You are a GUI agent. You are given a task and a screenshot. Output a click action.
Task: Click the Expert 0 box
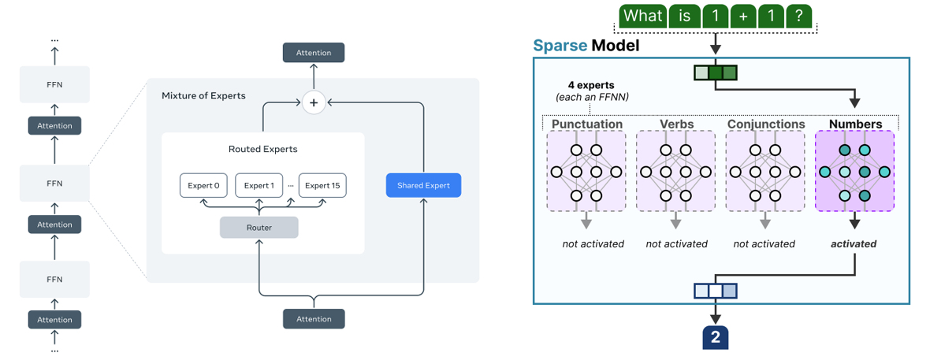click(x=203, y=185)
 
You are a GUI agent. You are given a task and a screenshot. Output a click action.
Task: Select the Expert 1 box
click(x=259, y=185)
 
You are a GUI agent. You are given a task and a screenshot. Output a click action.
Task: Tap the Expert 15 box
click(x=322, y=185)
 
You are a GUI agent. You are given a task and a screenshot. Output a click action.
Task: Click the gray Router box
click(x=259, y=228)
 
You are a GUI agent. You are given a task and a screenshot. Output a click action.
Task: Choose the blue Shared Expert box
click(x=423, y=185)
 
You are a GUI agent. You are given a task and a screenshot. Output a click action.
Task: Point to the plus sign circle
click(x=314, y=102)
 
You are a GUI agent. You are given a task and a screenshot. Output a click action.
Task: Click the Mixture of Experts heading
click(x=203, y=95)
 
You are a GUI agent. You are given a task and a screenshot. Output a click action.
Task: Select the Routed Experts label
click(x=262, y=149)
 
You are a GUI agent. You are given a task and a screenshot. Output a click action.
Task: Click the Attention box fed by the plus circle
click(x=314, y=53)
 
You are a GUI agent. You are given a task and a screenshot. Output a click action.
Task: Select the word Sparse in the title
click(x=560, y=46)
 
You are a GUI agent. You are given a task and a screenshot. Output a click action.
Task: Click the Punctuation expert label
click(x=586, y=124)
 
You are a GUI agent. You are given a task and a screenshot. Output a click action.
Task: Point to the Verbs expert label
click(x=676, y=124)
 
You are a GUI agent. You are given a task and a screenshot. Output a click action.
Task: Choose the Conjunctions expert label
click(x=766, y=124)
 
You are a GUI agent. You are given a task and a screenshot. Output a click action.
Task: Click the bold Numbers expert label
click(x=855, y=124)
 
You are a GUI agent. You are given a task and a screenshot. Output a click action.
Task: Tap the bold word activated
click(x=854, y=243)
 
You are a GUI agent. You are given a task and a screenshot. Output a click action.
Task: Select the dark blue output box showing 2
click(x=715, y=337)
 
